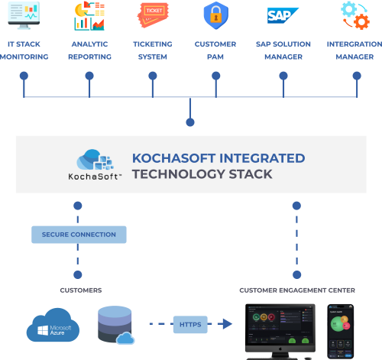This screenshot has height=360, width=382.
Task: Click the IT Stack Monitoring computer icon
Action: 24,15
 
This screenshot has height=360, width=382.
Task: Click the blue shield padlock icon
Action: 215,15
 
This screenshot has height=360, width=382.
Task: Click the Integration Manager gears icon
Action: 354,15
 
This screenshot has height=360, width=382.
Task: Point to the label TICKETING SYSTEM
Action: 153,50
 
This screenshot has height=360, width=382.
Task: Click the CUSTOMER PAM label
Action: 215,50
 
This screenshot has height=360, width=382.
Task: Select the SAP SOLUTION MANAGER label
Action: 283,50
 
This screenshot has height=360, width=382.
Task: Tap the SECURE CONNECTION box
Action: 79,234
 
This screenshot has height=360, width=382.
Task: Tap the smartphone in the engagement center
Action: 341,330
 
